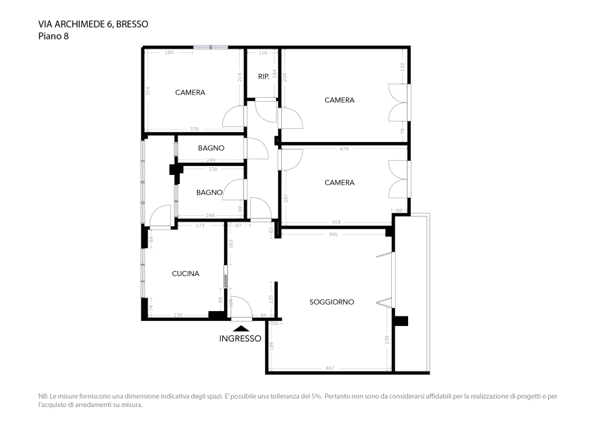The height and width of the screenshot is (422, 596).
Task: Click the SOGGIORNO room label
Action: (331, 302)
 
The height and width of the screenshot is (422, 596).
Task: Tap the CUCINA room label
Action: (185, 274)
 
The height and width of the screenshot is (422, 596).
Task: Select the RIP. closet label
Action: (263, 76)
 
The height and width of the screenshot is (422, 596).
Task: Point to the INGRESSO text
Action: (240, 338)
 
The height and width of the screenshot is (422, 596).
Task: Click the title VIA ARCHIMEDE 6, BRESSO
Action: (93, 25)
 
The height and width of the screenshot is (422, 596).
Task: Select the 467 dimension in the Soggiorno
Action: (329, 368)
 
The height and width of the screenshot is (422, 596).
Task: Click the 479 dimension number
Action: (344, 149)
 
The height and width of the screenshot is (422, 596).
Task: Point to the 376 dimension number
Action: (194, 129)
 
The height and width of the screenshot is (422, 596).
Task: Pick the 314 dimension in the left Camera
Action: (148, 91)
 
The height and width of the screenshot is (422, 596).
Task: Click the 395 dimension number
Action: (333, 234)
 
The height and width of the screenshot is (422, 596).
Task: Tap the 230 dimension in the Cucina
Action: (178, 315)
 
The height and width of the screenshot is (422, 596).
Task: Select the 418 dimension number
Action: (336, 222)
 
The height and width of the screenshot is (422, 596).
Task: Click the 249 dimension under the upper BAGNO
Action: (211, 160)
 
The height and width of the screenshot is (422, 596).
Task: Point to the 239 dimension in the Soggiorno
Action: (387, 340)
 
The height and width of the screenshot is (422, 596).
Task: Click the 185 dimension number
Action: (170, 53)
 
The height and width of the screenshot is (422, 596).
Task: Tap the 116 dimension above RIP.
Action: (262, 53)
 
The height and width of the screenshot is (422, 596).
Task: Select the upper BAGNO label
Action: (211, 148)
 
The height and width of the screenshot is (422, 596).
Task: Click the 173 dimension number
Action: (200, 226)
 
